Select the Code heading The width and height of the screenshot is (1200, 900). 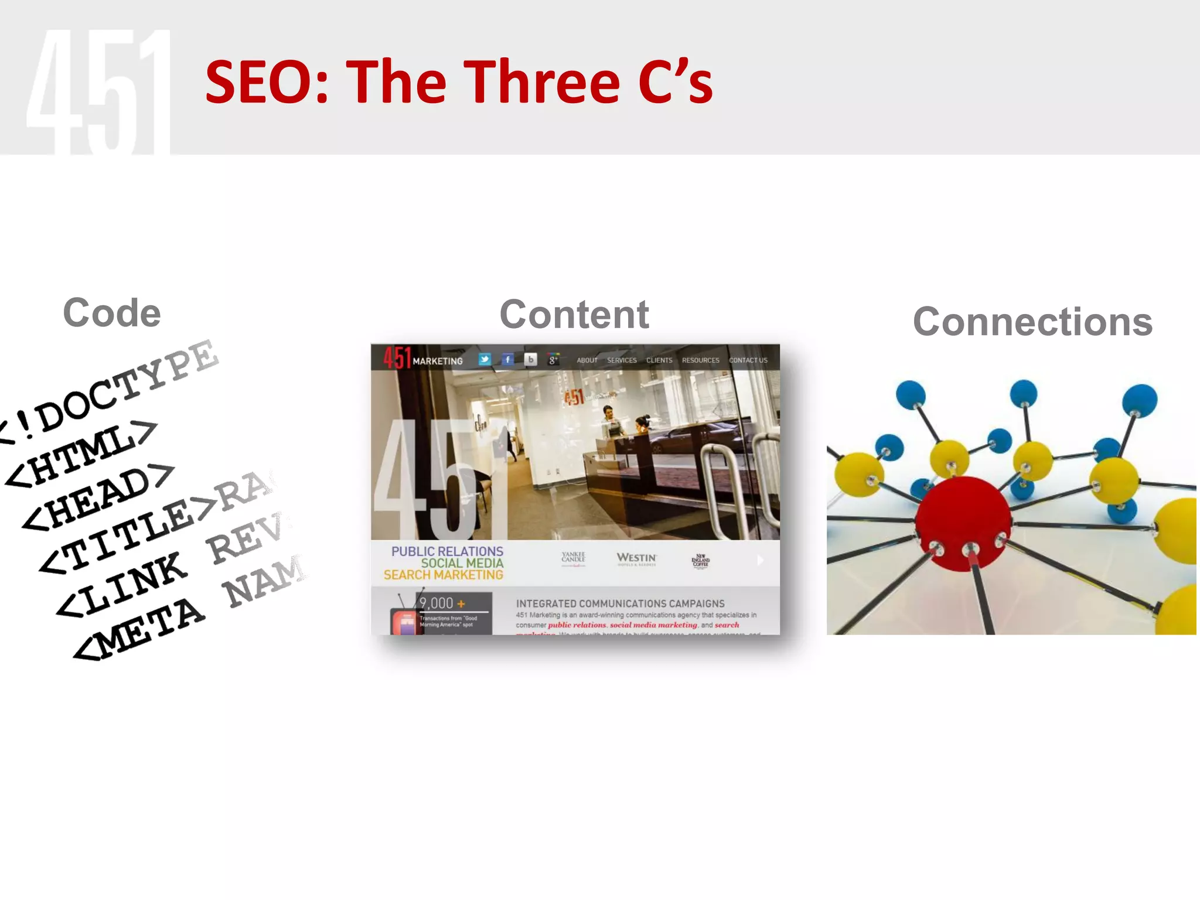111,313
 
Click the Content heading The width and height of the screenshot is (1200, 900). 574,315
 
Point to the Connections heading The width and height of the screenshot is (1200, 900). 1032,322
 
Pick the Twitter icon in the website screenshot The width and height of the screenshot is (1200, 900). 485,359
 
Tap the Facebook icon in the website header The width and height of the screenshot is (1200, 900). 507,359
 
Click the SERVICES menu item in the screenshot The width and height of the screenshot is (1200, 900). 622,360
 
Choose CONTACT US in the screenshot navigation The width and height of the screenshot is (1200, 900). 748,360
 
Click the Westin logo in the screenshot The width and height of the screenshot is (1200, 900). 636,558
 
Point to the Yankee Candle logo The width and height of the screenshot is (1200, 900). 573,558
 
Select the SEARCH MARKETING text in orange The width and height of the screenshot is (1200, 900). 444,575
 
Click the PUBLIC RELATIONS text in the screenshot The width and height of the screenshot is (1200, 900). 447,551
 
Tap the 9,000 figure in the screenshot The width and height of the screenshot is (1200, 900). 437,603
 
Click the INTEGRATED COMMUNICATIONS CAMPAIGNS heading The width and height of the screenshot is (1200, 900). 620,604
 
